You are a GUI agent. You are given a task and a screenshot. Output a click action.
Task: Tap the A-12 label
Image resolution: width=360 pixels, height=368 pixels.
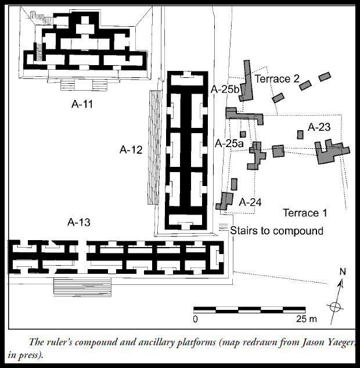131,149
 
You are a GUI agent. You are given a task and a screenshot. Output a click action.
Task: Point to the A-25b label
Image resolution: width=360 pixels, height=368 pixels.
225,89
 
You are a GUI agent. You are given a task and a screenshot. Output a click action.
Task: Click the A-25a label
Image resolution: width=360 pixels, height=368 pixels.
229,142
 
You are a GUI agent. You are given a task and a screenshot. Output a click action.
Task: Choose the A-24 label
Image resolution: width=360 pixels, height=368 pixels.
250,202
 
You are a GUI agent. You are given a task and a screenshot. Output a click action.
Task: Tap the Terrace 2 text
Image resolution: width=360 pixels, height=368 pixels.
277,78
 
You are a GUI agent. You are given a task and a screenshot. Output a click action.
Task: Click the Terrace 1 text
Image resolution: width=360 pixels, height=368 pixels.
305,213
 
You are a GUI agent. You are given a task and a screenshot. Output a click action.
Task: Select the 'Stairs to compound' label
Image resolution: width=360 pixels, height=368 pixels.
276,231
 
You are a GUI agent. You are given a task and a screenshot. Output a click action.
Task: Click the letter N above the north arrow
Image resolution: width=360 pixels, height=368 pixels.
343,272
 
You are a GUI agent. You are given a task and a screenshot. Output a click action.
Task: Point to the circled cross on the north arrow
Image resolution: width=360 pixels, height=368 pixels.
334,306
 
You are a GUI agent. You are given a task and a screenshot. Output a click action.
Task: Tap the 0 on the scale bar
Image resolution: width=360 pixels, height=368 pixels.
196,319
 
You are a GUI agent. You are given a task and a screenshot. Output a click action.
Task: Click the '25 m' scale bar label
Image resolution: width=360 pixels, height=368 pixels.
305,319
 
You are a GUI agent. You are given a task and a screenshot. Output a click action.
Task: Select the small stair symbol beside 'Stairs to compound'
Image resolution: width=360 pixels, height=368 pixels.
223,227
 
